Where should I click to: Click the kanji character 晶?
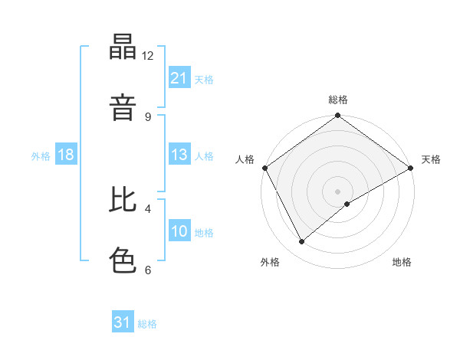pos(123,47)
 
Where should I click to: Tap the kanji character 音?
pos(123,106)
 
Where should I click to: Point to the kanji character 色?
pos(123,259)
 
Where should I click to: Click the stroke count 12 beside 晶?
pos(148,55)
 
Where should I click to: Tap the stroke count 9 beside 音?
pos(148,116)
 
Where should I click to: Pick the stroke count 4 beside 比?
pos(148,208)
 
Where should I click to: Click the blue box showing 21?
pos(179,77)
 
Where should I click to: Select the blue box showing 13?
pos(179,155)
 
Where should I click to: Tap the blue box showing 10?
pos(179,231)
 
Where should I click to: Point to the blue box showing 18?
pos(66,155)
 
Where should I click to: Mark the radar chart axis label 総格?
pos(338,100)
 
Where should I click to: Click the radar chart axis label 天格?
pos(431,159)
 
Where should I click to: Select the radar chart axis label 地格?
pos(402,262)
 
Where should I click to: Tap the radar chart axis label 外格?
pos(270,262)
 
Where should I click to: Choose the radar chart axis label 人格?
pos(245,159)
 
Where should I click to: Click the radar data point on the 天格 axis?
pos(411,168)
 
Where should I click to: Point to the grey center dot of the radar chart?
pos(338,191)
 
